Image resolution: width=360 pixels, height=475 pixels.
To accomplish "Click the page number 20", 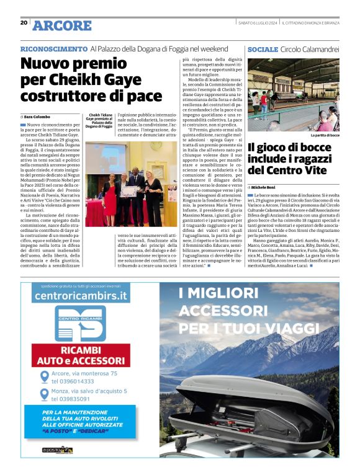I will coord(24,23).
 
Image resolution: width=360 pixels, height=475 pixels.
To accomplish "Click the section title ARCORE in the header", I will coord(61,25).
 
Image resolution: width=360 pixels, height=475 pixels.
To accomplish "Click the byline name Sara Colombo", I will coord(38,117).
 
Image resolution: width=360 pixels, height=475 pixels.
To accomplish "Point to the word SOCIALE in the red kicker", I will coord(263,48).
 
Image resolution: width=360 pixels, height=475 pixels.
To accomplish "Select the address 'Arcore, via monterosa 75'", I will coord(84,373).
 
